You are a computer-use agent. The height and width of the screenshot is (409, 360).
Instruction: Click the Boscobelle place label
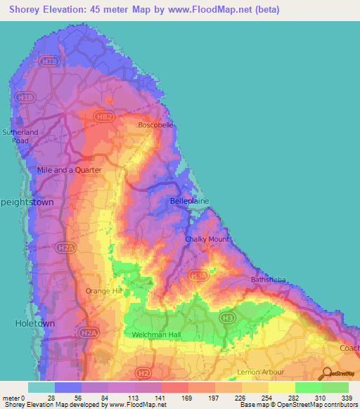[x=155, y=125]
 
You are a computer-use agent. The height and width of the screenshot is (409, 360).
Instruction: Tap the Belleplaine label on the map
[x=188, y=201]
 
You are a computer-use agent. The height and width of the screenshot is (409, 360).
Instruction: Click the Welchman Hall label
[x=156, y=335]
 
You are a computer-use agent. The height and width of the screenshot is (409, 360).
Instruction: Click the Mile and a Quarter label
[x=70, y=170]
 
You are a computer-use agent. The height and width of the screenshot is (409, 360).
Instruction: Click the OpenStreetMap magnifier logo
[x=327, y=375]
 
